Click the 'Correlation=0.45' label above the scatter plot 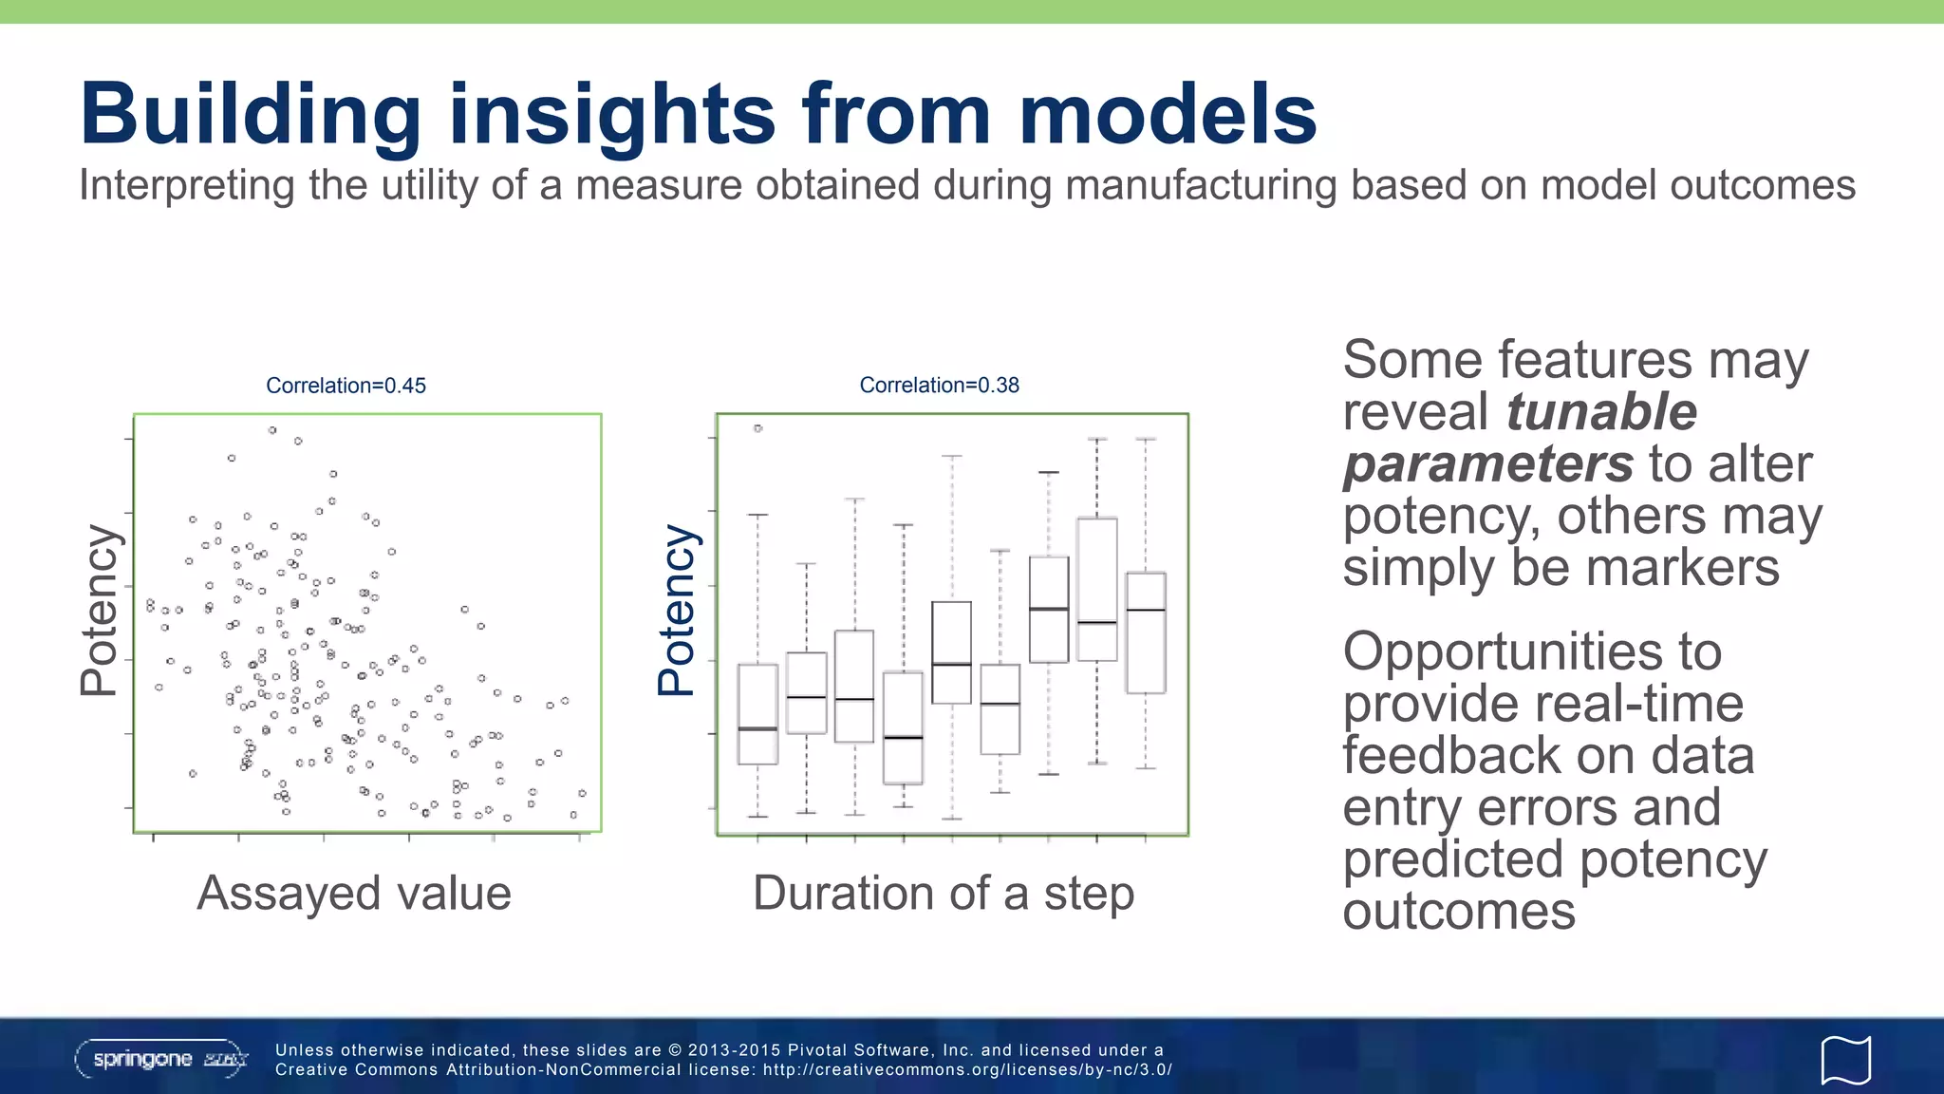(346, 386)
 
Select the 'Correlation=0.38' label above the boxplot (939, 385)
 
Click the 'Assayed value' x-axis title (353, 893)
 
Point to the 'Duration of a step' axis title (944, 893)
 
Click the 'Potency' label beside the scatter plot (99, 611)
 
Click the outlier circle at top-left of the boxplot (757, 428)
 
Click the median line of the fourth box (903, 737)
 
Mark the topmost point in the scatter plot (272, 430)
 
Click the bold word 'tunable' (1601, 412)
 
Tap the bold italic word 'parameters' (1487, 464)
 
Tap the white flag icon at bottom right (1845, 1060)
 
